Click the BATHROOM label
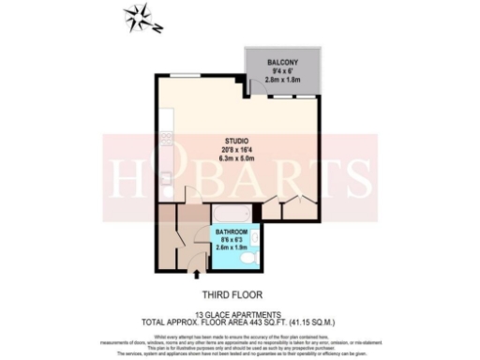(x=232, y=231)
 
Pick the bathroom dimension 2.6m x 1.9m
(x=232, y=247)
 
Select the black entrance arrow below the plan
(x=195, y=275)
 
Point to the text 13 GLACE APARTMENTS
(x=239, y=314)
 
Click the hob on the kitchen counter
(x=166, y=141)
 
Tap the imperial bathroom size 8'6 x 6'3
(x=232, y=239)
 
